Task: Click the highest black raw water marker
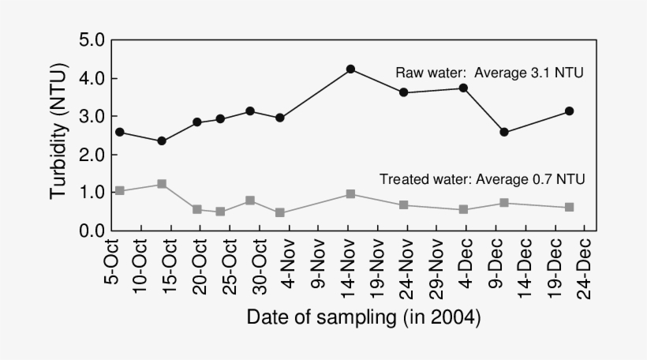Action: tap(350, 69)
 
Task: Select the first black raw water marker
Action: tap(120, 132)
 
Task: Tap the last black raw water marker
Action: tap(569, 111)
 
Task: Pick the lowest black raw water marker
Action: tap(162, 141)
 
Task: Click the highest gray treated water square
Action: tap(162, 184)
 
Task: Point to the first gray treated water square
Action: tap(120, 191)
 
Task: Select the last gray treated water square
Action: tap(569, 208)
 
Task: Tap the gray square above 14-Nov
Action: tap(350, 194)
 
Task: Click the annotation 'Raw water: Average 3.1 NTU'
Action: tap(489, 73)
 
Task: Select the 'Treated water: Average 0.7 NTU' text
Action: tap(482, 179)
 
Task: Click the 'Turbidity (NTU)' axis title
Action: tap(59, 136)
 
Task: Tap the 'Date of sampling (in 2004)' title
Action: tap(363, 318)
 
